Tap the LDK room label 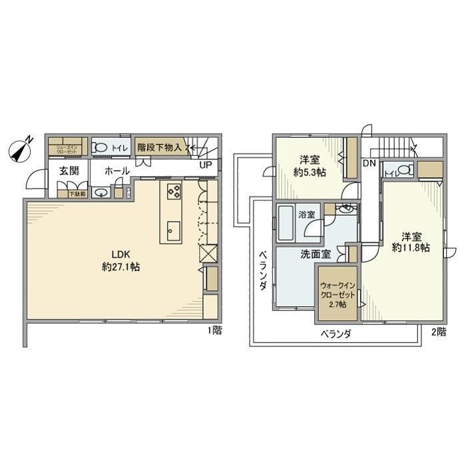112,254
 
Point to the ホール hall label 117,171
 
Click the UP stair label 206,165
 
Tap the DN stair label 369,163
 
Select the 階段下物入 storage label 159,146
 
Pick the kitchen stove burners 174,191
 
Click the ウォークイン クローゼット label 338,290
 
